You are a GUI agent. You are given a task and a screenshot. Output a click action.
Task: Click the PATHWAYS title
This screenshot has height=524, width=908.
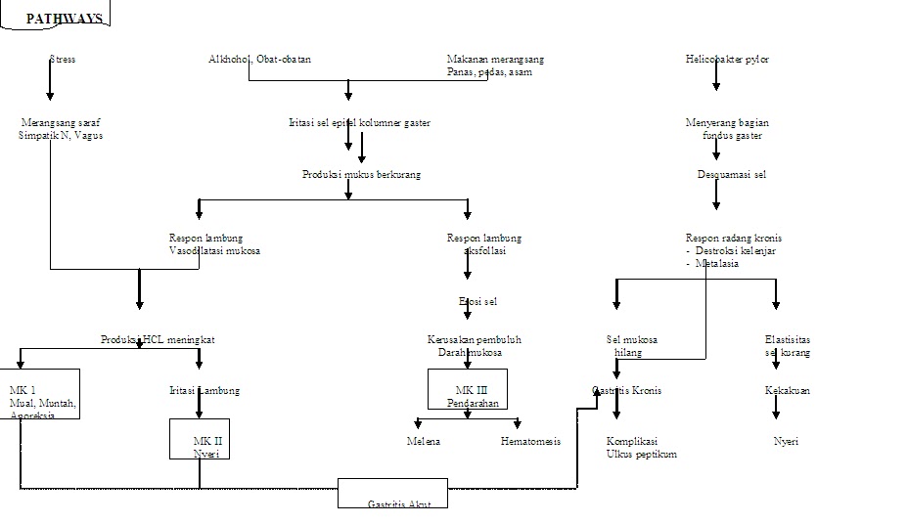point(64,19)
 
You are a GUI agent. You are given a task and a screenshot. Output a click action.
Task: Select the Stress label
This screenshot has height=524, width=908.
point(63,60)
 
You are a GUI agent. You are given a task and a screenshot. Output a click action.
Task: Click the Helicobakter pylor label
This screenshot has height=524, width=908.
point(727,60)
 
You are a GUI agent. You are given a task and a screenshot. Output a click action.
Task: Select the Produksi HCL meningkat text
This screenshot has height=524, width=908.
point(158,339)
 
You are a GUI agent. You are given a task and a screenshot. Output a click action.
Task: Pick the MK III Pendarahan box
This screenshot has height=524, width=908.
point(468,389)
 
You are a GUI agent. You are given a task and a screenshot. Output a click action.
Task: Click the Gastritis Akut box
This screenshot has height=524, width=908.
point(392,494)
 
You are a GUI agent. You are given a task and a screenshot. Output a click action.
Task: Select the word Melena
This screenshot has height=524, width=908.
point(424,441)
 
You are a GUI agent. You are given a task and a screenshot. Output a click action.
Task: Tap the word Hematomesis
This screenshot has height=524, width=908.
point(530,441)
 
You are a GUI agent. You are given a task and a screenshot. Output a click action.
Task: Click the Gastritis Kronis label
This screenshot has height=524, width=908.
point(627,390)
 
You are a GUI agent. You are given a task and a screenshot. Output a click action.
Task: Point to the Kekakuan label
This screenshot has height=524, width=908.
point(787,390)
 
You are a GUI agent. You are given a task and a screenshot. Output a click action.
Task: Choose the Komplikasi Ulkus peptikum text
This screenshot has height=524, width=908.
point(641,447)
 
